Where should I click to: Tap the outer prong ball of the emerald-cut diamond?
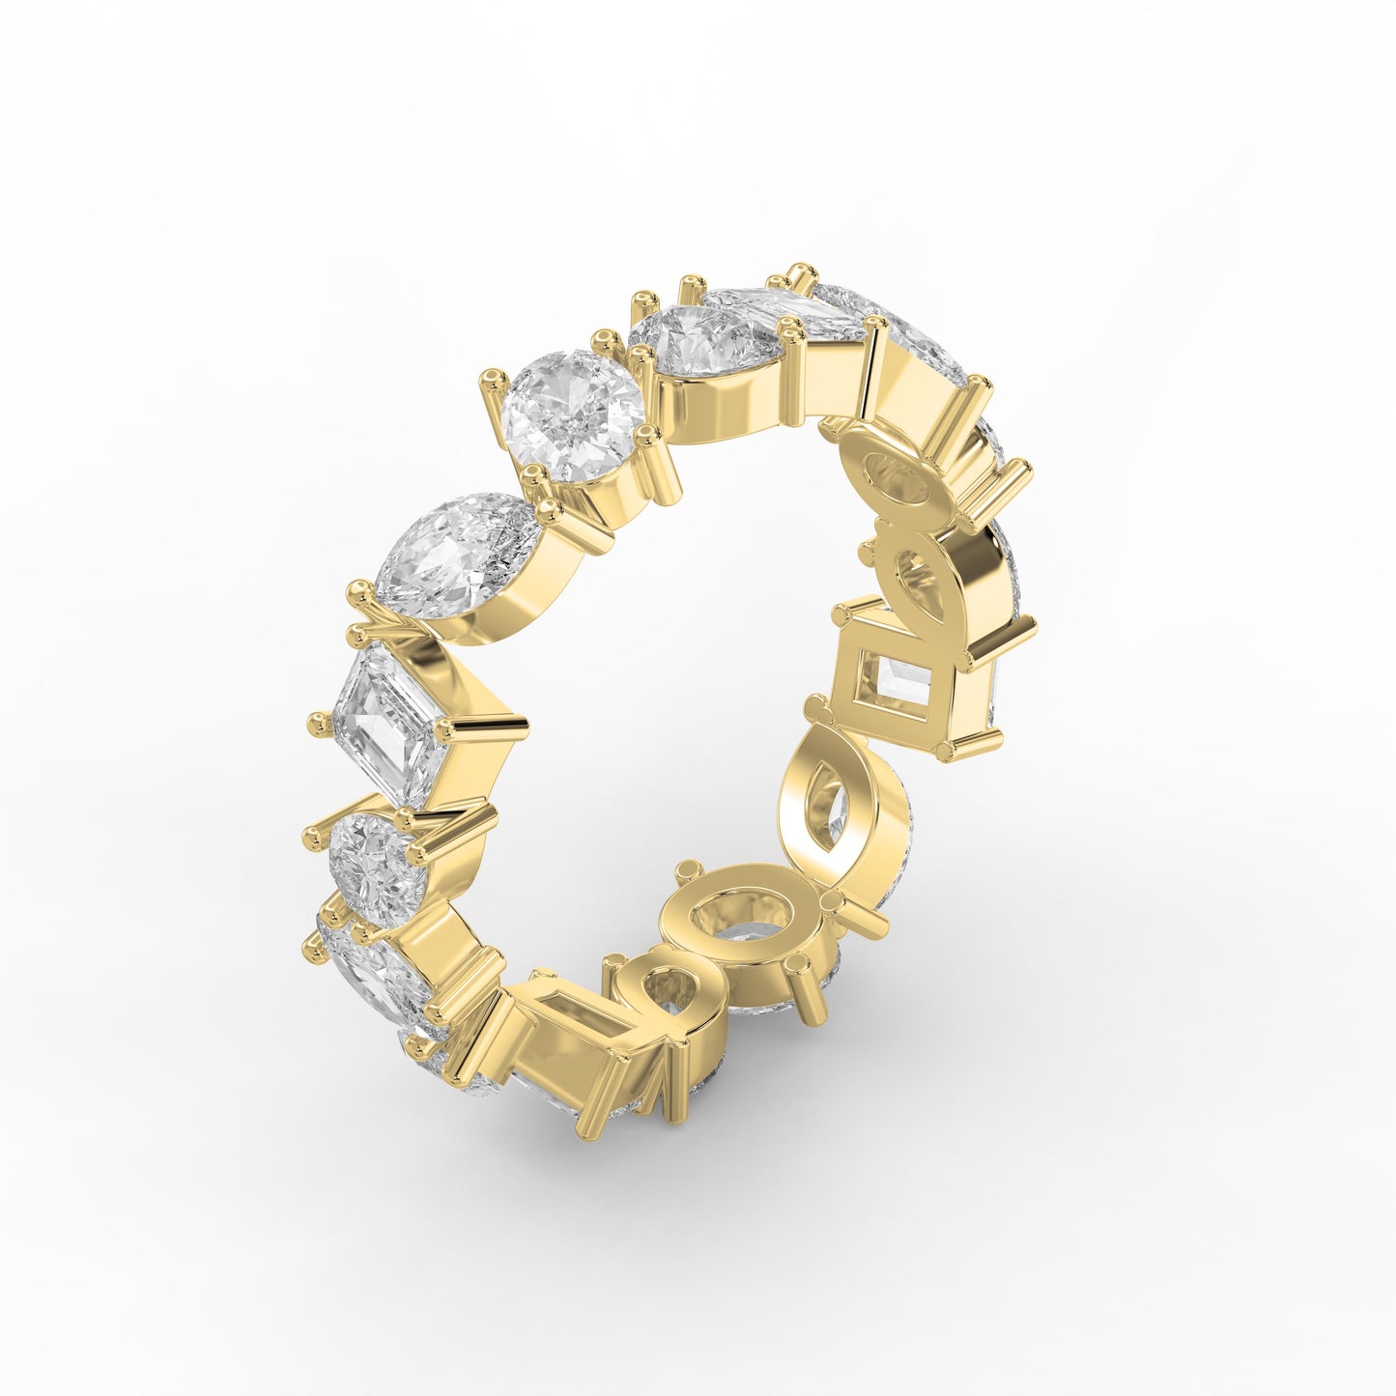coord(316,721)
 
